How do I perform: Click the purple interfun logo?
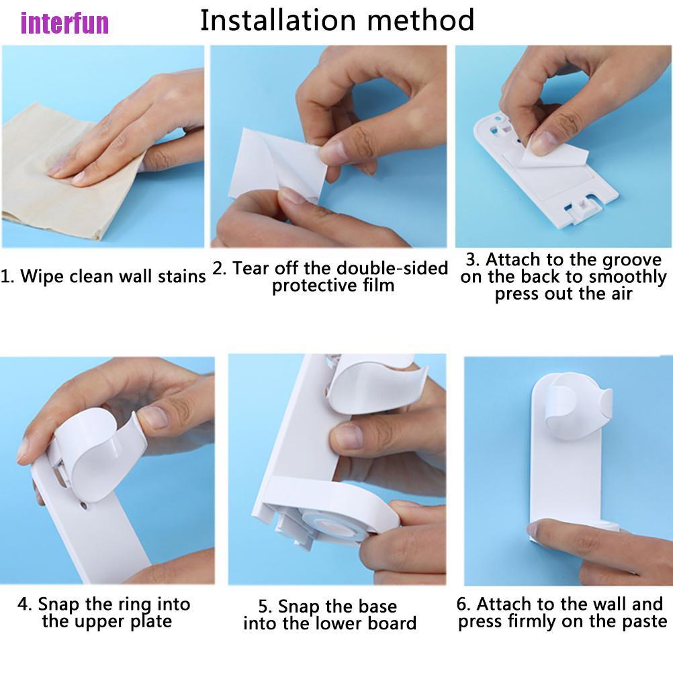64,23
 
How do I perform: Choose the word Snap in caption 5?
298,607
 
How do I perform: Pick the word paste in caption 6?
644,622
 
